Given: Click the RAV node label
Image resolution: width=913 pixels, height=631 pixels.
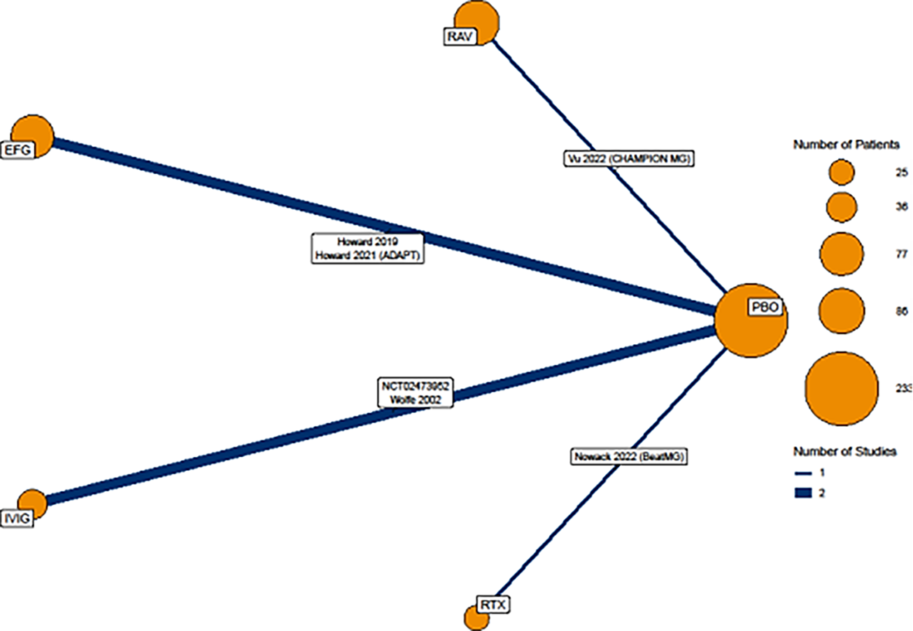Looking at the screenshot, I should [460, 36].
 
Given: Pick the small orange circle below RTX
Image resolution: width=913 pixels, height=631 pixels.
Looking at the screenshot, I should [476, 618].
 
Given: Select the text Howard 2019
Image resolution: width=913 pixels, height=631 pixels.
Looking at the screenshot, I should [368, 242].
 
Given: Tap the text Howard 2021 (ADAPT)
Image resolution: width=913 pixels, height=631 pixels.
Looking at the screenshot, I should [368, 255].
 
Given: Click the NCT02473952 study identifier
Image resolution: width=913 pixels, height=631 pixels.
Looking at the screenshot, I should [414, 386].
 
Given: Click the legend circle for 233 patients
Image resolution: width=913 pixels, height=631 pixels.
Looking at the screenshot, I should [841, 388].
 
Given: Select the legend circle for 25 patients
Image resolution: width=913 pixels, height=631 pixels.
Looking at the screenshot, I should [841, 172].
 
